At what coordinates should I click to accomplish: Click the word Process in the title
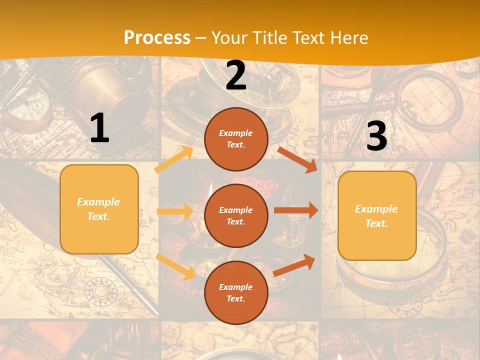[x=157, y=38]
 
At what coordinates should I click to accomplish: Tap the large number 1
[x=99, y=128]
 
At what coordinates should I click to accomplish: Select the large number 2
[x=236, y=75]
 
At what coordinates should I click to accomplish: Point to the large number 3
[x=376, y=136]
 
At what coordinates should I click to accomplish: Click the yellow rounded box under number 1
[x=99, y=209]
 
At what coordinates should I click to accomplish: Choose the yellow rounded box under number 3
[x=377, y=215]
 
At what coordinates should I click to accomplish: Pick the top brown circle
[x=236, y=139]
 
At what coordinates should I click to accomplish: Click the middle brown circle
[x=236, y=215]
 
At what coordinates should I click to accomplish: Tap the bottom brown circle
[x=236, y=292]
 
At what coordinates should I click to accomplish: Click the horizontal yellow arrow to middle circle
[x=175, y=211]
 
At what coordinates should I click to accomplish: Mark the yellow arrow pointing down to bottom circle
[x=175, y=266]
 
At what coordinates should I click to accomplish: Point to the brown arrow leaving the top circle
[x=297, y=159]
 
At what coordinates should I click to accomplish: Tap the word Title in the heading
[x=269, y=38]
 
